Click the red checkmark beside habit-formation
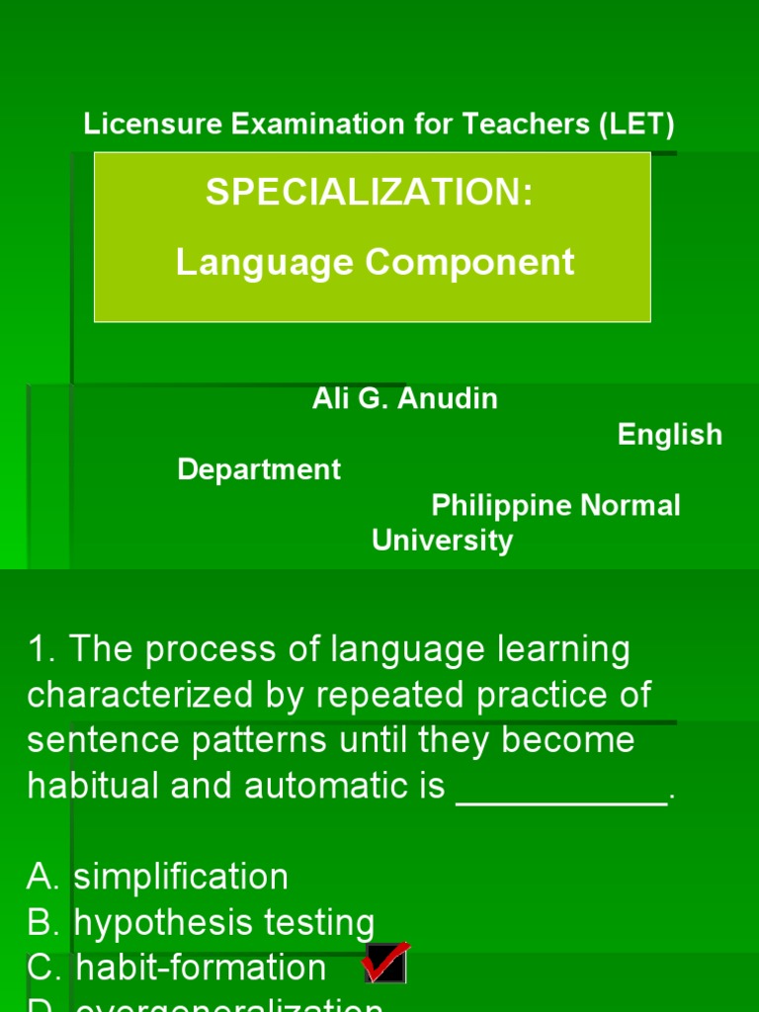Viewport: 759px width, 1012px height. point(384,963)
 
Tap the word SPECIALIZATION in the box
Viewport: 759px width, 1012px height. point(369,193)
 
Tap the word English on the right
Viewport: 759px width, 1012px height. point(670,435)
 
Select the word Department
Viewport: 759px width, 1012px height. point(259,469)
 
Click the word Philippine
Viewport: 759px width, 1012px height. point(501,505)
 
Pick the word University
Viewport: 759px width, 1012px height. point(442,541)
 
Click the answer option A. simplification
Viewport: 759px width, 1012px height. point(158,877)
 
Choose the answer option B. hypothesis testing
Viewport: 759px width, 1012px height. point(201,923)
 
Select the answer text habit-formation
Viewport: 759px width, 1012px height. point(201,968)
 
